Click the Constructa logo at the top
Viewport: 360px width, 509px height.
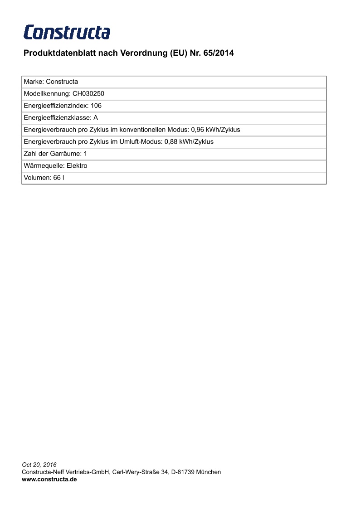(x=67, y=33)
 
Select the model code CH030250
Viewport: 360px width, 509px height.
(x=89, y=94)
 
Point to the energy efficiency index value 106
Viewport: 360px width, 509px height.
(x=96, y=106)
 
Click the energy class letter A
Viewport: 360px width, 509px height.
(x=96, y=118)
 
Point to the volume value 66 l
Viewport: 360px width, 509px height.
(x=58, y=178)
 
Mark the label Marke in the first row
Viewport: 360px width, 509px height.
(x=33, y=82)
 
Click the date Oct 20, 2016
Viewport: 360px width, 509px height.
(x=39, y=465)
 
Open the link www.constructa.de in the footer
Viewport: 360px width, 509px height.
(x=49, y=479)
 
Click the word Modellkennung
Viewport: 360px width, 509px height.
(x=46, y=94)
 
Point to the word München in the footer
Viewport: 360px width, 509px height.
(x=209, y=472)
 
